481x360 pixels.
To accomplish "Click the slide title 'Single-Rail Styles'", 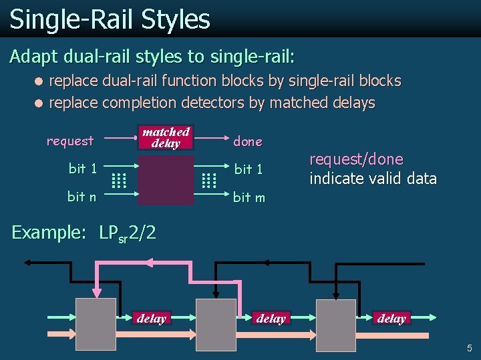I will point(110,19).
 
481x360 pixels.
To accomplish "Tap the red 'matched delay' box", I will point(166,137).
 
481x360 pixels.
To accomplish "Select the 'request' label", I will point(70,141).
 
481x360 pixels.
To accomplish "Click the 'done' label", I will point(247,141).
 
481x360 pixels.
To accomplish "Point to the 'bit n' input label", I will point(82,197).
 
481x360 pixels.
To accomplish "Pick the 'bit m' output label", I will point(249,197).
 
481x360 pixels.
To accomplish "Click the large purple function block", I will point(166,180).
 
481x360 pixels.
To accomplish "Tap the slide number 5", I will point(469,347).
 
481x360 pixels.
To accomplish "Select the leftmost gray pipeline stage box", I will point(96,324).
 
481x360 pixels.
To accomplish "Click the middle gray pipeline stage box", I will point(216,324).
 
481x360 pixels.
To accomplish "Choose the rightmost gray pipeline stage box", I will point(336,324).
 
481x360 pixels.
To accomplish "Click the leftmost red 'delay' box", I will point(151,319).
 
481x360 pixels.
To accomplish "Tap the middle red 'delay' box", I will point(271,319).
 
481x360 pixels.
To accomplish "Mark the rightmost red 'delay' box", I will point(391,319).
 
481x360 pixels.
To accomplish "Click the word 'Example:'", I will point(49,233).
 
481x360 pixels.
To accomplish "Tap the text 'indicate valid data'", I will point(373,179).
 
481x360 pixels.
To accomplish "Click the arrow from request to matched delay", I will point(119,139).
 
